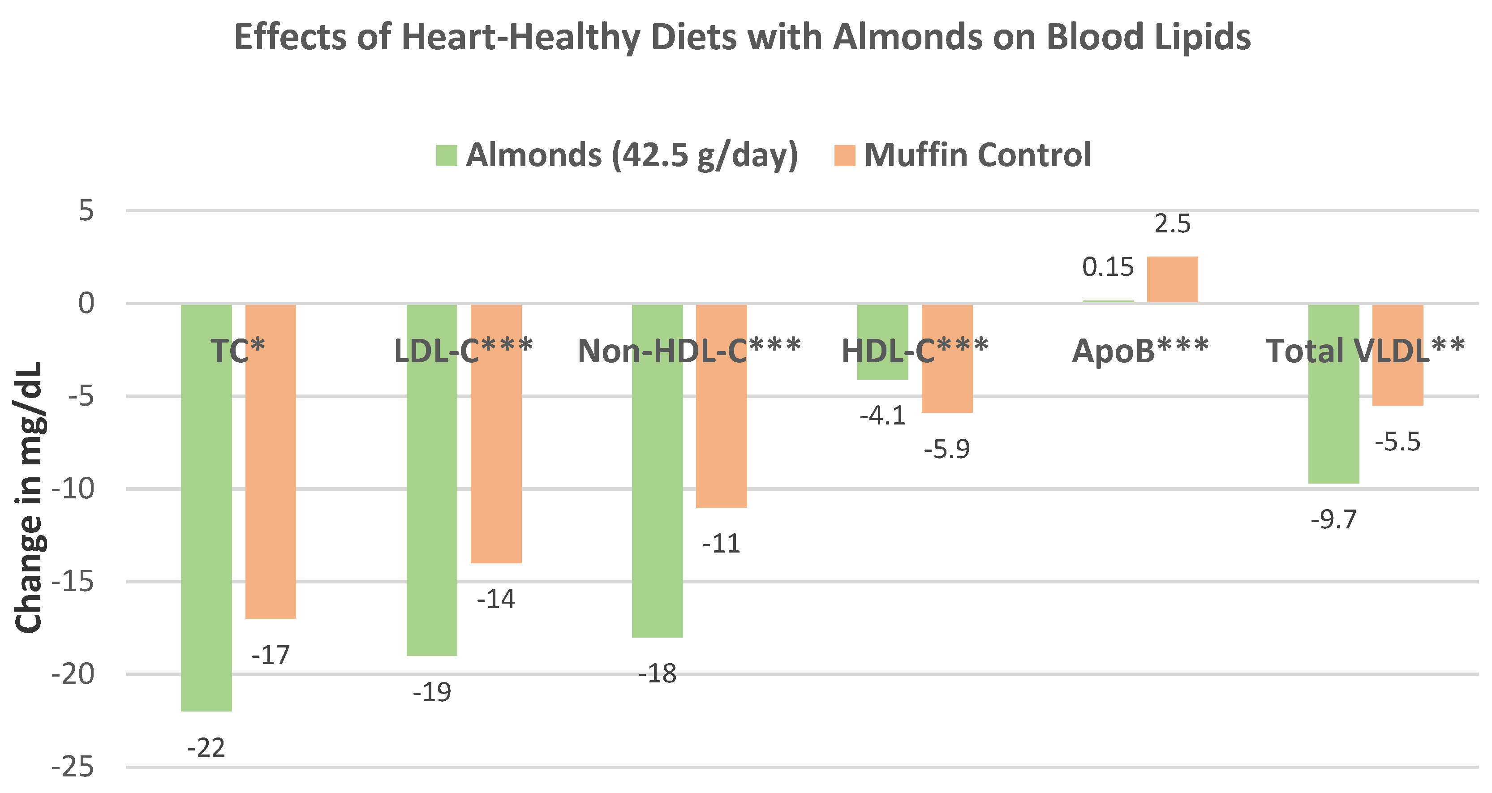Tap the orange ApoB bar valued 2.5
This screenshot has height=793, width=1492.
coord(1172,279)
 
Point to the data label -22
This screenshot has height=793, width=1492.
coord(206,748)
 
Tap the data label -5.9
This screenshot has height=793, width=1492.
coord(946,449)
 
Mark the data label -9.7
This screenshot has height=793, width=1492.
coord(1333,520)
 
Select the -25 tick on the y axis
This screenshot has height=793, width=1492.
coord(73,768)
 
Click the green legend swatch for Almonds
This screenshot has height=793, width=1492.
coord(447,155)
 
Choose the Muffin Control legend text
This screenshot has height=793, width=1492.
coord(978,155)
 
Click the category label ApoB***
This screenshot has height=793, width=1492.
coord(1140,351)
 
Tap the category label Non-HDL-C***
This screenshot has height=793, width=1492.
coord(689,351)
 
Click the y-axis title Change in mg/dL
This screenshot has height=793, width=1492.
coord(29,498)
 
